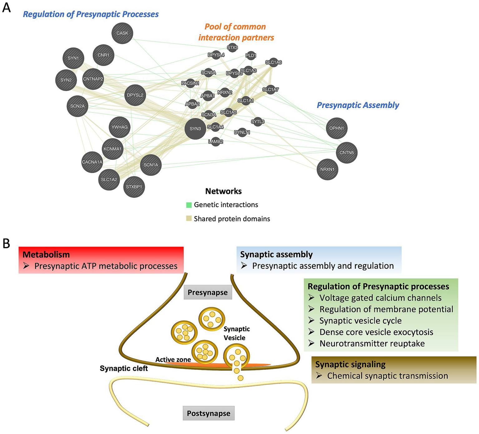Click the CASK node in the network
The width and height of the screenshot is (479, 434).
pos(122,33)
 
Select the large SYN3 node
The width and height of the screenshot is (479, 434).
pos(195,129)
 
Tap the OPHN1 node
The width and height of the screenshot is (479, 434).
pos(337,128)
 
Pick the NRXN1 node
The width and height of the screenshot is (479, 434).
pos(327,169)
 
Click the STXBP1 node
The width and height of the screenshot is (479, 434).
pos(134,187)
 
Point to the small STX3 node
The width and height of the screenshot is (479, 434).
pos(232,48)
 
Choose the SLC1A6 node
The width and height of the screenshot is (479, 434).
pos(273,62)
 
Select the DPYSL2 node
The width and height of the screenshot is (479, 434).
pos(135,95)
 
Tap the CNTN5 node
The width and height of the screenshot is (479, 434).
pos(347,153)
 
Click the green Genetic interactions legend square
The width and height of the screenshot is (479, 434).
pos(189,205)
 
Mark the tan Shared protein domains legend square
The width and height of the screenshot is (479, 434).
pos(189,219)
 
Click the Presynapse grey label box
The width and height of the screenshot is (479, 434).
pos(208,292)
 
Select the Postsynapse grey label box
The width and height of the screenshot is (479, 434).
pos(208,413)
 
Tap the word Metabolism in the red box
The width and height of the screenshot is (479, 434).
pos(46,254)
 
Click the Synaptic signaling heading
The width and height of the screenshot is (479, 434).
pos(350,364)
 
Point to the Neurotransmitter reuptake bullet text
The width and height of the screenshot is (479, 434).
pos(372,343)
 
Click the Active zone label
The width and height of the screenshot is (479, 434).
pos(173,360)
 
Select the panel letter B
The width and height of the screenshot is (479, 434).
pos(6,244)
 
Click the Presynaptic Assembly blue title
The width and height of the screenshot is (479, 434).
pos(358,105)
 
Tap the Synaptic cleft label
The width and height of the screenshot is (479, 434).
pos(124,368)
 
